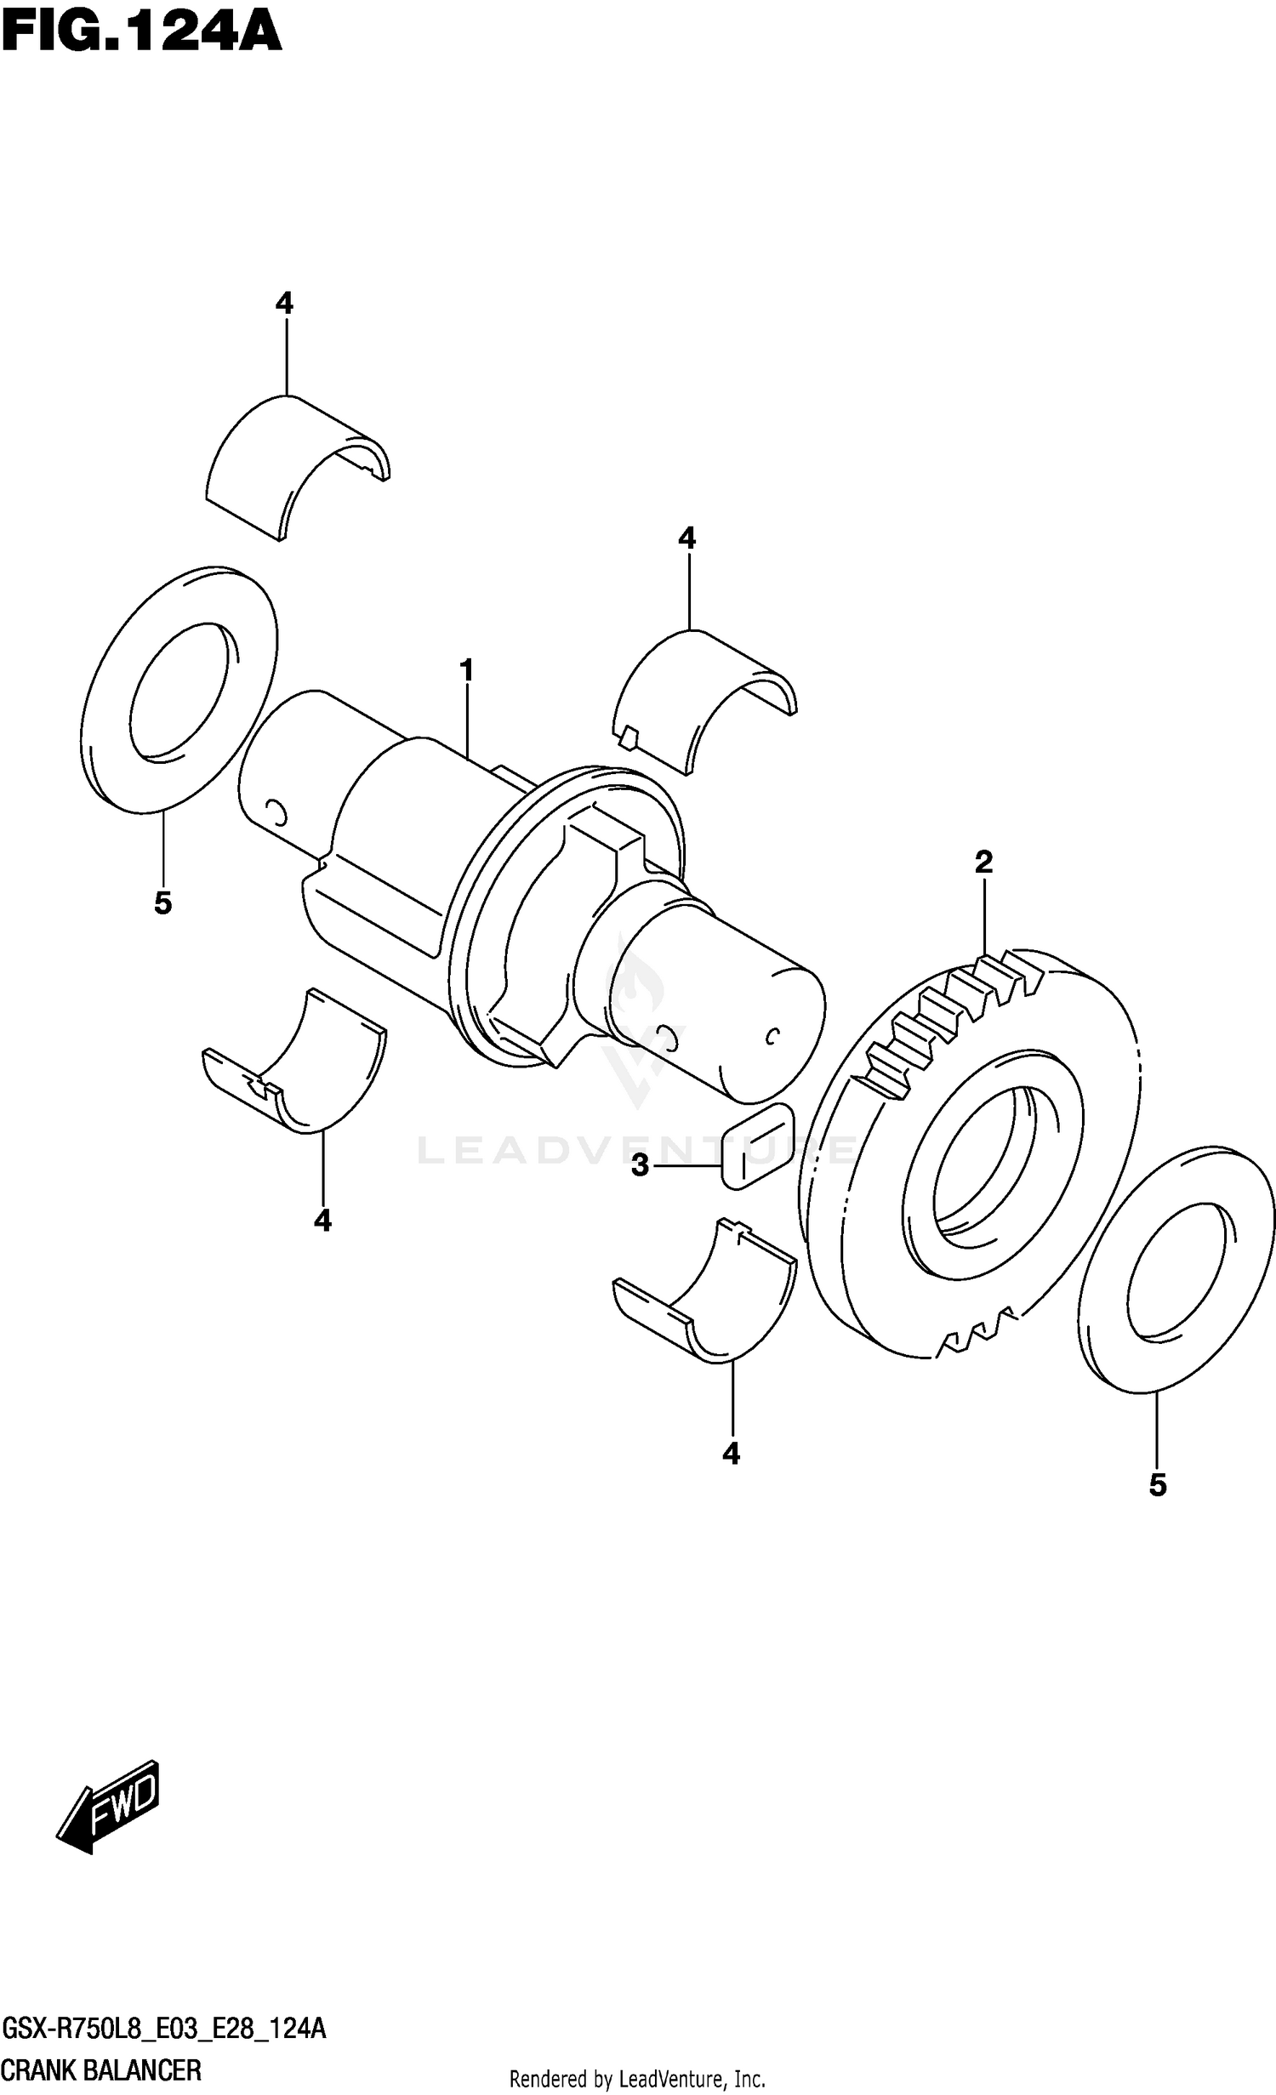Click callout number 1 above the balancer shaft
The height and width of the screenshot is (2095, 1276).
(466, 671)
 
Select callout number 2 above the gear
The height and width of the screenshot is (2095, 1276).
(983, 862)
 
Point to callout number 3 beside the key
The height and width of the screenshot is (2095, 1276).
(640, 1164)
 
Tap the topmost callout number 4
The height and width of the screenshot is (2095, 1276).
(284, 303)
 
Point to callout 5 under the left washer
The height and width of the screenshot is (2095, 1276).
(162, 903)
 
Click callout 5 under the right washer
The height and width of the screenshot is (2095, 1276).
(1157, 1485)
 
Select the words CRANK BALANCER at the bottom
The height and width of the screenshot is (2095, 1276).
(102, 2070)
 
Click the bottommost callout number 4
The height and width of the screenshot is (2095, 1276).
(731, 1455)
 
